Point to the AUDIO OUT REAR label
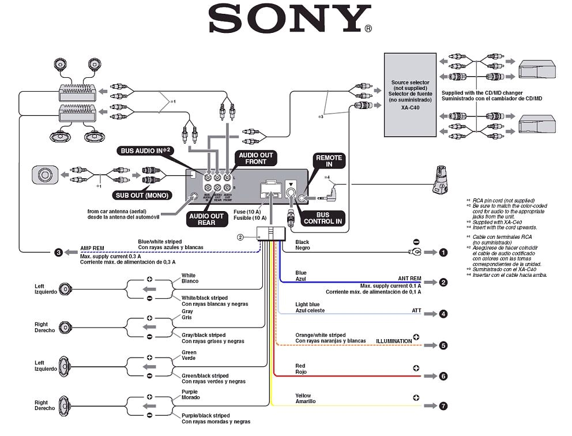[205, 220]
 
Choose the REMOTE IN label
[329, 161]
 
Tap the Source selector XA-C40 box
[409, 95]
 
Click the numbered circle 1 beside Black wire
[443, 252]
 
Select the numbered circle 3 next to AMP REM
[58, 252]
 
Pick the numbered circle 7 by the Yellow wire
[443, 406]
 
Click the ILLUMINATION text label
[394, 341]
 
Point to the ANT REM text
[409, 278]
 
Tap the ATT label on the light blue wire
[416, 311]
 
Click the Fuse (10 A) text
[250, 212]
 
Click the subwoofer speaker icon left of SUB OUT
[44, 174]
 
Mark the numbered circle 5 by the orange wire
[443, 345]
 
